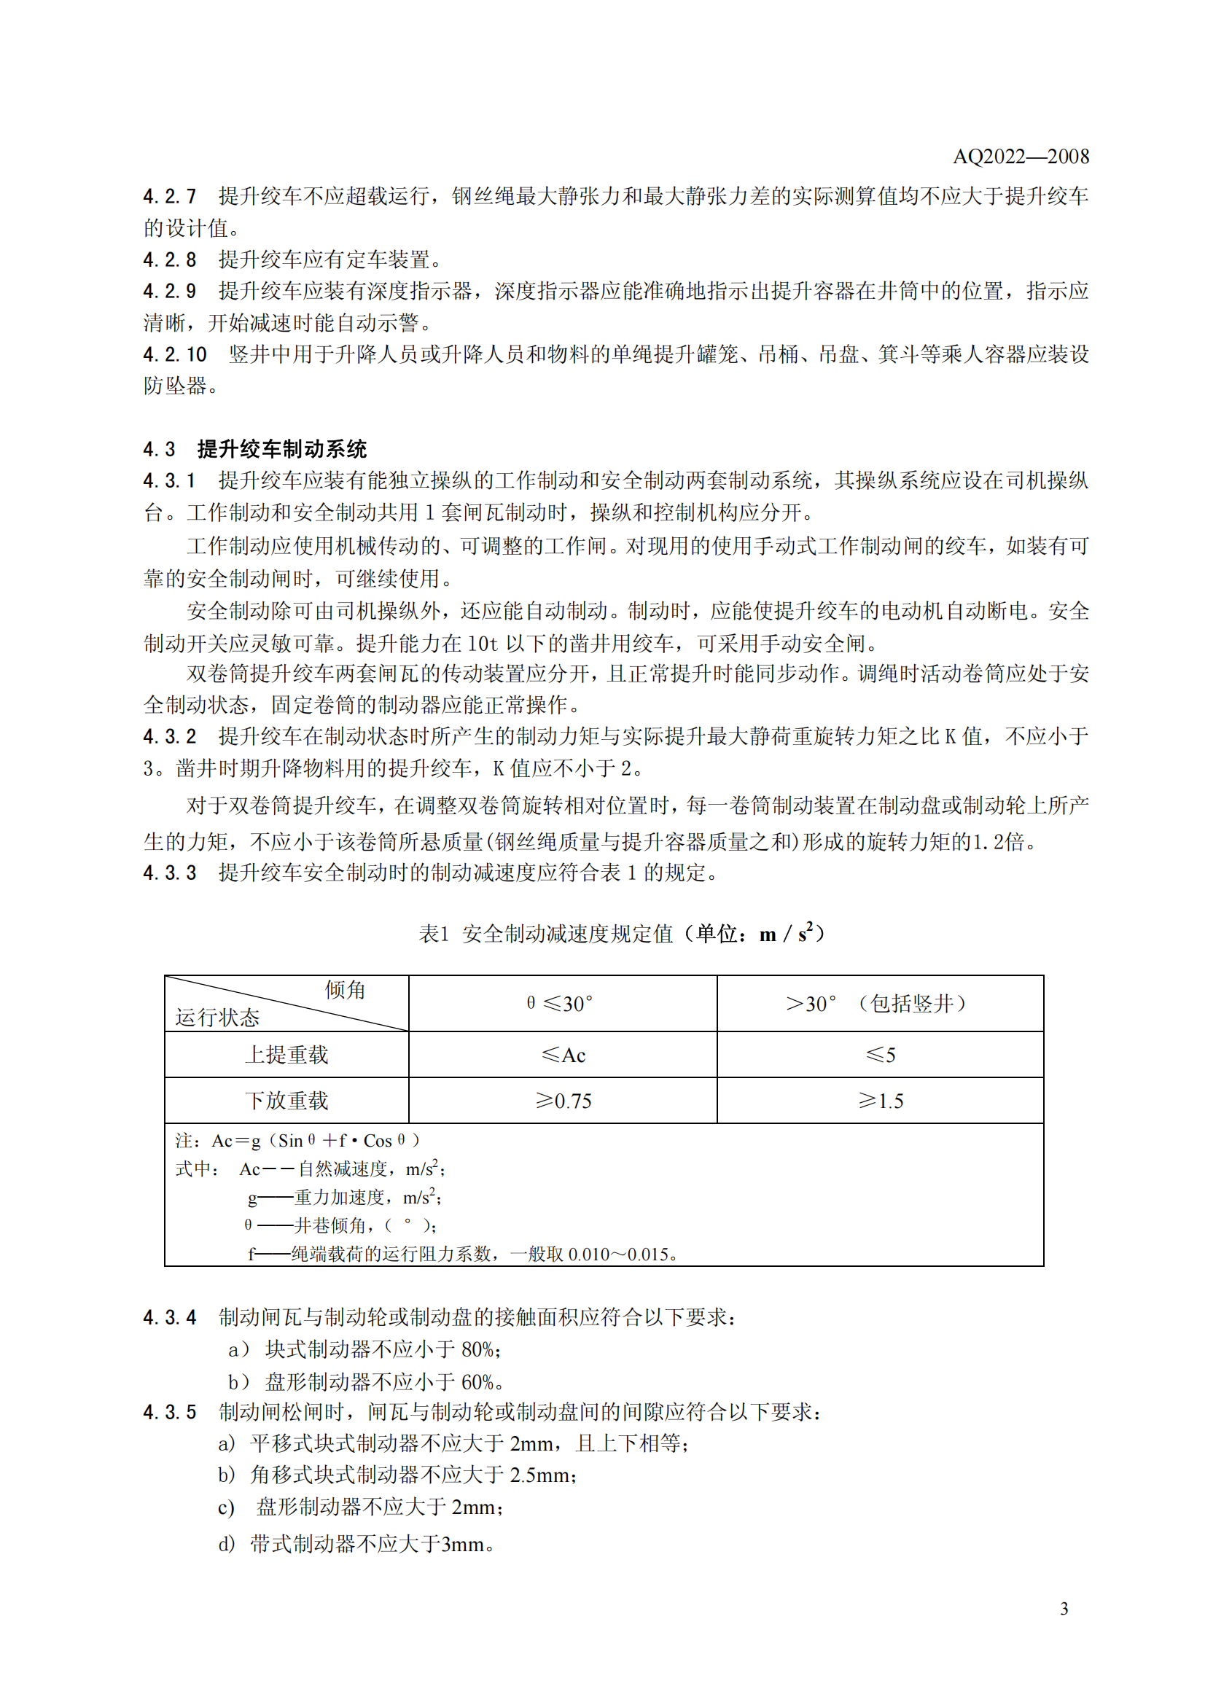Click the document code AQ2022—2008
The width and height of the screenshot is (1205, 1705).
pos(1020,157)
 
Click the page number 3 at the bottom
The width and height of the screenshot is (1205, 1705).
pos(1064,1609)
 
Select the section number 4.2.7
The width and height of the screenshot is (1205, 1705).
pos(169,197)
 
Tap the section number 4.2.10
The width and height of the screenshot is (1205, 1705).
pos(174,355)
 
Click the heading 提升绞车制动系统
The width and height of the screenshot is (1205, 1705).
pos(282,449)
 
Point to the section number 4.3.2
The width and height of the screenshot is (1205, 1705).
pos(169,737)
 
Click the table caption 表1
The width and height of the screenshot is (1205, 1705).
pos(434,935)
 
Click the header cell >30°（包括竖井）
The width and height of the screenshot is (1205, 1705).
pos(878,1004)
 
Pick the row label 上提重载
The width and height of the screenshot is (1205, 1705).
pos(286,1055)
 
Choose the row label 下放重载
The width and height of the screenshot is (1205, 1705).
pos(286,1101)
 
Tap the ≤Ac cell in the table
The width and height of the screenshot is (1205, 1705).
pos(563,1055)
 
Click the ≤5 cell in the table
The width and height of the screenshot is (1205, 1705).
pos(880,1055)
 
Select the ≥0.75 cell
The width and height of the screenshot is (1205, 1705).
pos(563,1101)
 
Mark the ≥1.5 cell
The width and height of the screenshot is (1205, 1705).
pos(880,1101)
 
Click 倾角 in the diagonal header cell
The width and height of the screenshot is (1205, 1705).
pos(346,990)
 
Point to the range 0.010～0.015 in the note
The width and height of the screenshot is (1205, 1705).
pos(618,1255)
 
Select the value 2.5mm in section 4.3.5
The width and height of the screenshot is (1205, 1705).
pos(540,1475)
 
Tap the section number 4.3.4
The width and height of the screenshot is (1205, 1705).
pos(169,1318)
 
